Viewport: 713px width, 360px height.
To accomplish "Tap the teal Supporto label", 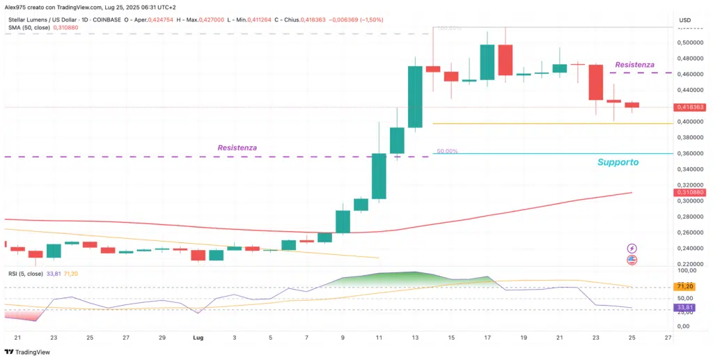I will (x=618, y=162).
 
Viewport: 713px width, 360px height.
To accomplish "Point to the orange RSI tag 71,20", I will (x=684, y=286).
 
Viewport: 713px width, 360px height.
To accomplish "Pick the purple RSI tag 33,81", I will (x=684, y=307).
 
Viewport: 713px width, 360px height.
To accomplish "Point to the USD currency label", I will (x=684, y=19).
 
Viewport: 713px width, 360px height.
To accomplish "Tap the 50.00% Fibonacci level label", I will (x=447, y=150).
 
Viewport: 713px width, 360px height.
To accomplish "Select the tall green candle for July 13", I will (x=415, y=97).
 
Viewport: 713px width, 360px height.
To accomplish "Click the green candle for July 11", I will (x=379, y=176).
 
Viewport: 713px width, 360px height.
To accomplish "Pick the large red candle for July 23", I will (x=595, y=82).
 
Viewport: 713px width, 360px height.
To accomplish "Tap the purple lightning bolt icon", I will (x=632, y=248).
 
